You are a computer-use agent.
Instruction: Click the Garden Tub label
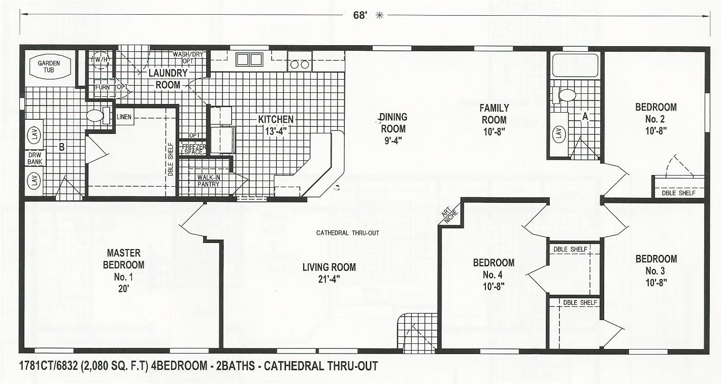(49, 66)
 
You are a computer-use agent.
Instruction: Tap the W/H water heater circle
(99, 60)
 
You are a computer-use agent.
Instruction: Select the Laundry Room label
(168, 79)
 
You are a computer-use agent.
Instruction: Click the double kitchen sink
(249, 59)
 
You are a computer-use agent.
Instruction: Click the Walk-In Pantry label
(209, 181)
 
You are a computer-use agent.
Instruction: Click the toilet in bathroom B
(95, 116)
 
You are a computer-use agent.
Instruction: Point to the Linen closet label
(124, 117)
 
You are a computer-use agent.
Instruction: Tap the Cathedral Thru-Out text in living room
(348, 233)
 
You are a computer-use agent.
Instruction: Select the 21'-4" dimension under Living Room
(329, 278)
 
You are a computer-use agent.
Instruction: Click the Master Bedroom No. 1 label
(123, 264)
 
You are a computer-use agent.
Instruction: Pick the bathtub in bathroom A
(575, 65)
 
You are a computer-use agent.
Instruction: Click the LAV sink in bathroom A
(559, 134)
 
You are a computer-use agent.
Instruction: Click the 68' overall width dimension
(359, 15)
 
